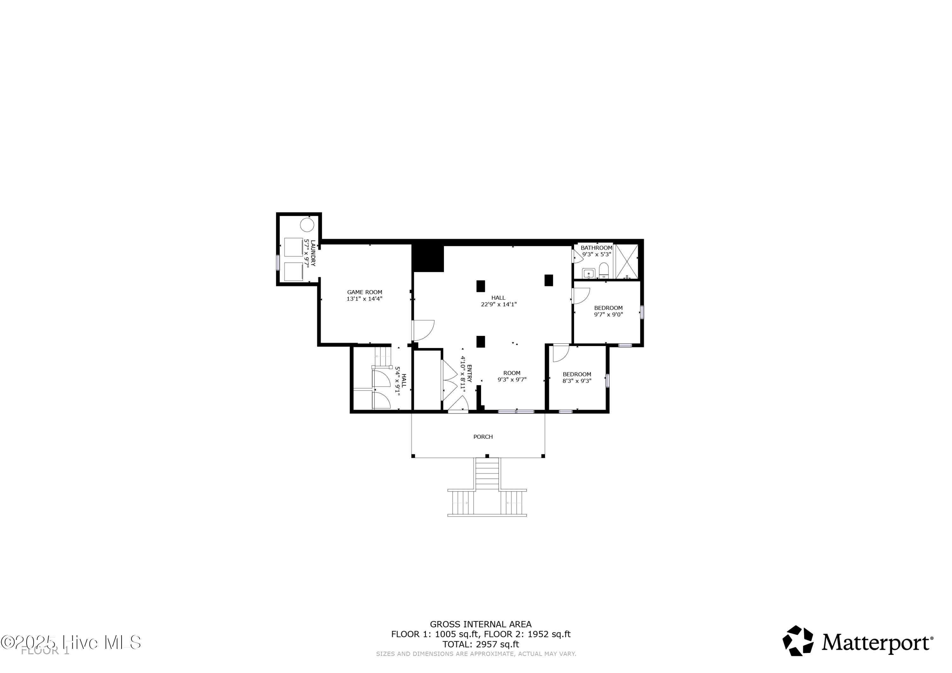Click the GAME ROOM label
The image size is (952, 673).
pyautogui.click(x=365, y=295)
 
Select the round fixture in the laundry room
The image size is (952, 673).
pyautogui.click(x=307, y=225)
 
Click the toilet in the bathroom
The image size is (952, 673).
pyautogui.click(x=604, y=270)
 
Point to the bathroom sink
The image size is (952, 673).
pyautogui.click(x=588, y=273)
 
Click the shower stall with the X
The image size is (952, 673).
pyautogui.click(x=626, y=261)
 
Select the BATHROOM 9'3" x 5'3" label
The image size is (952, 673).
pyautogui.click(x=596, y=251)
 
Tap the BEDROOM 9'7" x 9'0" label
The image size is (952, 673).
pyautogui.click(x=608, y=311)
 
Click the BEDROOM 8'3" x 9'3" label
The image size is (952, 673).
pyautogui.click(x=577, y=377)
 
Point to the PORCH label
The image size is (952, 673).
pyautogui.click(x=483, y=436)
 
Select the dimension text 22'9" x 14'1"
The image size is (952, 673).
pyautogui.click(x=499, y=304)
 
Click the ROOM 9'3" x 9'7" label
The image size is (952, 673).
pyautogui.click(x=512, y=376)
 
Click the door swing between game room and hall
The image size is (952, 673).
pyautogui.click(x=423, y=330)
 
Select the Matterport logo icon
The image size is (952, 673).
pyautogui.click(x=797, y=641)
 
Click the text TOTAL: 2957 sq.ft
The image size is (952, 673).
pyautogui.click(x=480, y=644)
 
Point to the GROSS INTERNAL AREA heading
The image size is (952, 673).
pyautogui.click(x=480, y=624)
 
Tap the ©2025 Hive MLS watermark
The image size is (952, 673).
pyautogui.click(x=70, y=642)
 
